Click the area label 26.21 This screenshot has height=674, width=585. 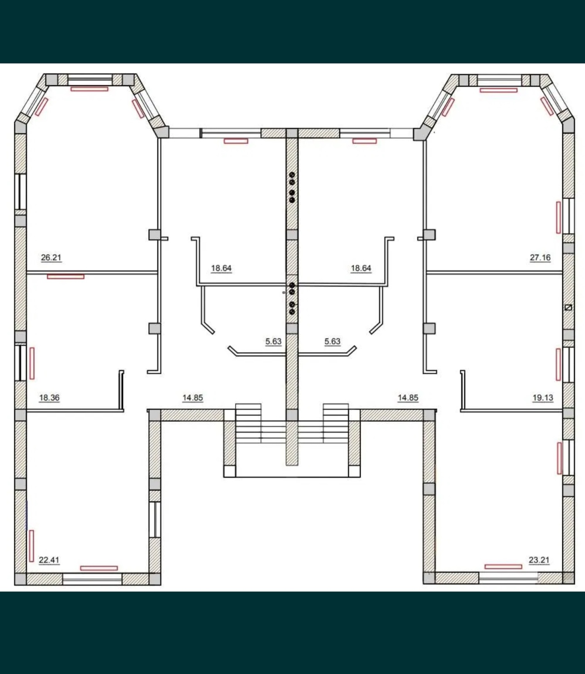tap(51, 257)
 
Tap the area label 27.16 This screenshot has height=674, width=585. tap(540, 257)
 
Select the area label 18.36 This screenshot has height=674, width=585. tap(49, 398)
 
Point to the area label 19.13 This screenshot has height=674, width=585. tap(543, 398)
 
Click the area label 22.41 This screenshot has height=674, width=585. tap(49, 560)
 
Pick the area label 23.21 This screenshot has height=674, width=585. tap(539, 560)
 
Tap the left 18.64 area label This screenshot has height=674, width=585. tap(221, 268)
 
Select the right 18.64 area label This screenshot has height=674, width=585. tap(361, 268)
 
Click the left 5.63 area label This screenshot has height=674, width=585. tap(273, 341)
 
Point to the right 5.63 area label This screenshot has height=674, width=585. tap(332, 341)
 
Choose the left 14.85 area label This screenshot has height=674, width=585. tap(193, 398)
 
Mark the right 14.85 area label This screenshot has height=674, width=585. tap(408, 398)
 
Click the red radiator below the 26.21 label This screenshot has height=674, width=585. tap(65, 277)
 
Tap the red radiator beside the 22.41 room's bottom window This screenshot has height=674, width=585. tap(99, 568)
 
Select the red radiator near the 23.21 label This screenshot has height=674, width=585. tap(503, 567)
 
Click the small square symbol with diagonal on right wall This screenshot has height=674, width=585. tap(568, 308)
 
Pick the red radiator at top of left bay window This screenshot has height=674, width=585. tap(89, 89)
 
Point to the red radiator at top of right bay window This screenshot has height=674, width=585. tap(499, 90)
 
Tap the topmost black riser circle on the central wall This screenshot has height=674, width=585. tap(292, 175)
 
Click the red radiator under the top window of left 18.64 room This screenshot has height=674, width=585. tap(236, 141)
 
